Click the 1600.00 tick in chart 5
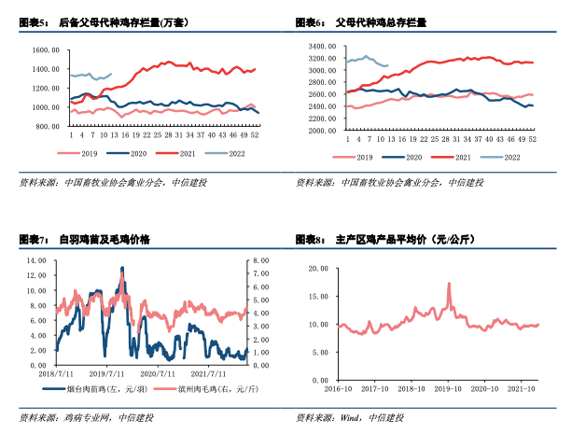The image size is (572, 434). [x=44, y=49]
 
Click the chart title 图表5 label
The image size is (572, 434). [x=34, y=21]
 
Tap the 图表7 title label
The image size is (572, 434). [x=34, y=241]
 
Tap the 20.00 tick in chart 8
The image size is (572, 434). [x=317, y=268]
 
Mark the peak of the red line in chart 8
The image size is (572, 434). [x=449, y=284]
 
